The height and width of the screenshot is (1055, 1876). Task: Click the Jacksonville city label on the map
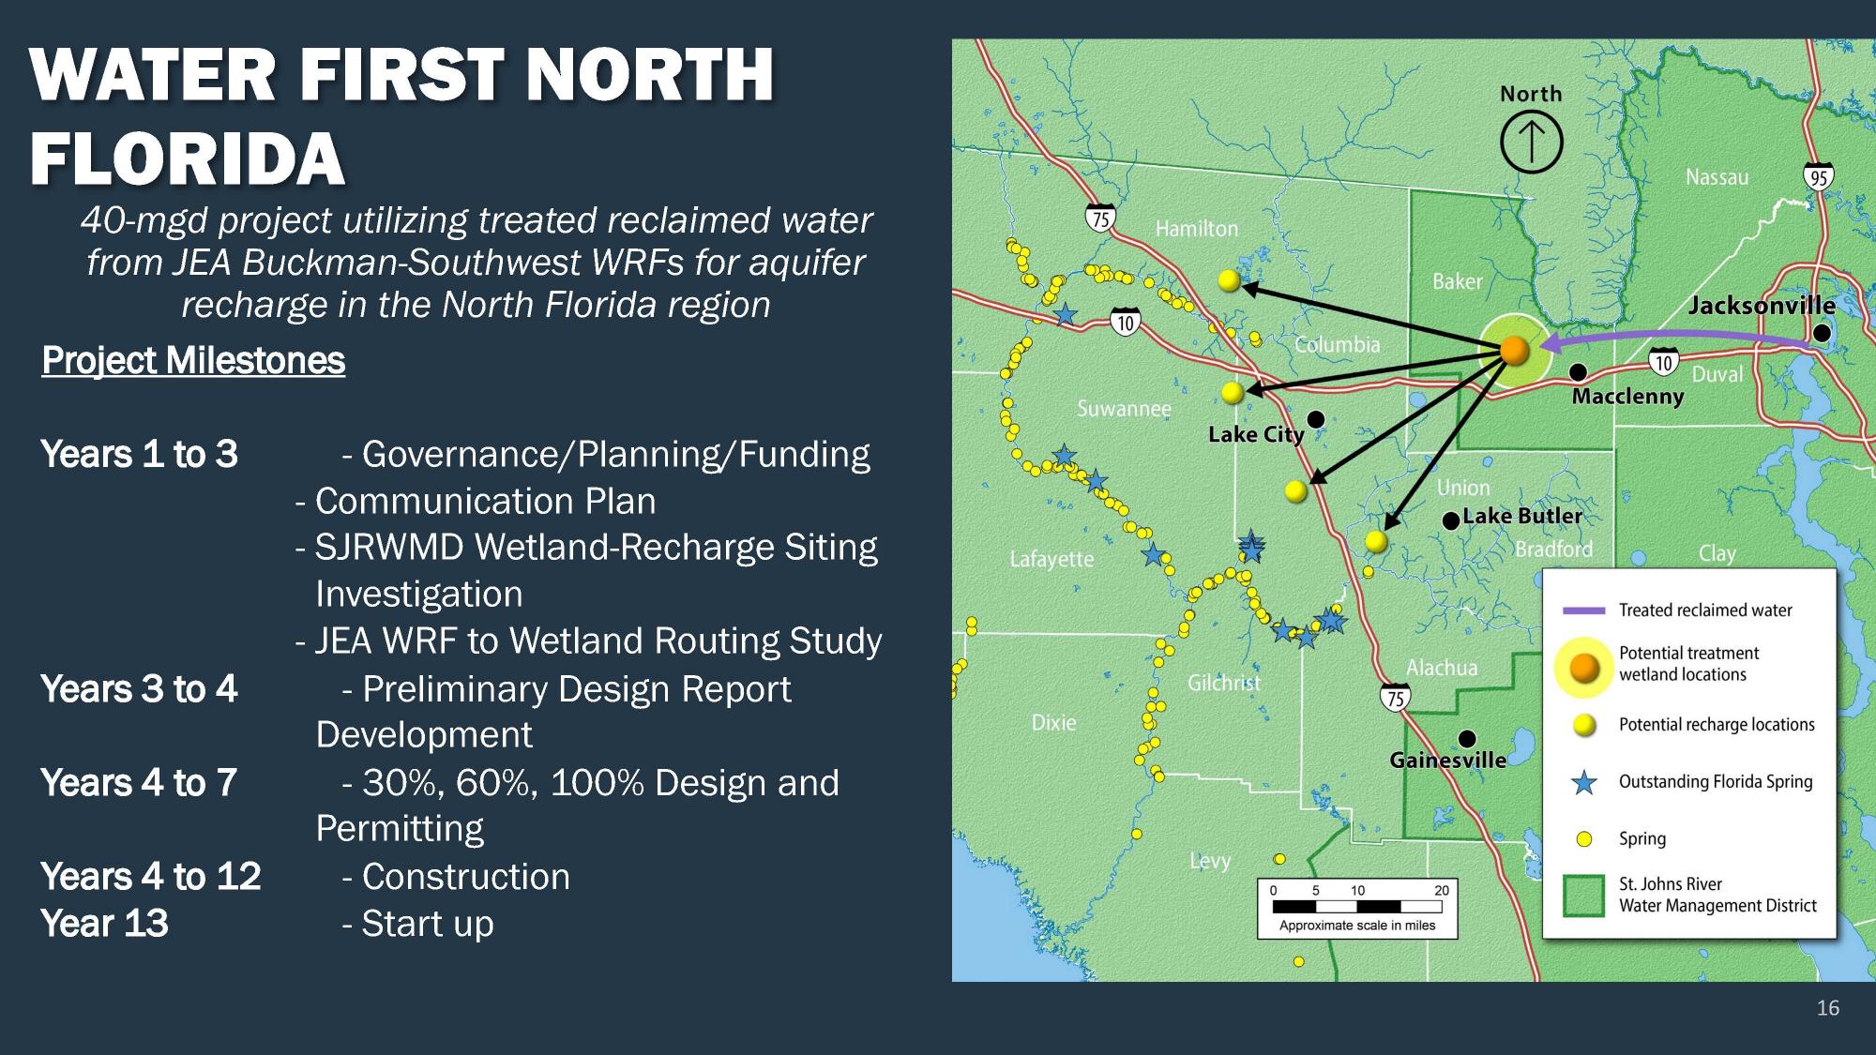[1761, 306]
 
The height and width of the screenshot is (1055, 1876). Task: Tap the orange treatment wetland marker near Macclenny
[1514, 351]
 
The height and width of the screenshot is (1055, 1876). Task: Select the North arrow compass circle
[1531, 143]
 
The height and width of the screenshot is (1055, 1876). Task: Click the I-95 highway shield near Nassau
[1818, 177]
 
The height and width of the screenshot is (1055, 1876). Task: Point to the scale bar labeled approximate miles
[1356, 907]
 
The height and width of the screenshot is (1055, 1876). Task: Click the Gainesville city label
[1447, 761]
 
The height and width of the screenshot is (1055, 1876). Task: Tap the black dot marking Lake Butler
[1450, 520]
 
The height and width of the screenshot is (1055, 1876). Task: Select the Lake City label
[1255, 435]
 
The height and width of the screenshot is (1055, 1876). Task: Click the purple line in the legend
[1583, 610]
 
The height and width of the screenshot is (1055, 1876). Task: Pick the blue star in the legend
[1584, 782]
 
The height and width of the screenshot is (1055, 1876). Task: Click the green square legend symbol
[1583, 895]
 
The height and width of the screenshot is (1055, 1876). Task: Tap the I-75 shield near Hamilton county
[1101, 219]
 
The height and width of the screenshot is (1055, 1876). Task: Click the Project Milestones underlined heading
[193, 361]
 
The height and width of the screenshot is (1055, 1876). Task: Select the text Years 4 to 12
[151, 877]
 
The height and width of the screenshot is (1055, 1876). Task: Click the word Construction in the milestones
[465, 877]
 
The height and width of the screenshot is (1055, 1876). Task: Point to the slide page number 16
[1827, 1008]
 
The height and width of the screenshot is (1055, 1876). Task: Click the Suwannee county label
[1123, 409]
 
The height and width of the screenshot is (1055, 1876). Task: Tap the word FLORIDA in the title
[188, 158]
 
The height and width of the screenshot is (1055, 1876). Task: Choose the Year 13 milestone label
[104, 924]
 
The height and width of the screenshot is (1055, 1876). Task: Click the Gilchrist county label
[1223, 684]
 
